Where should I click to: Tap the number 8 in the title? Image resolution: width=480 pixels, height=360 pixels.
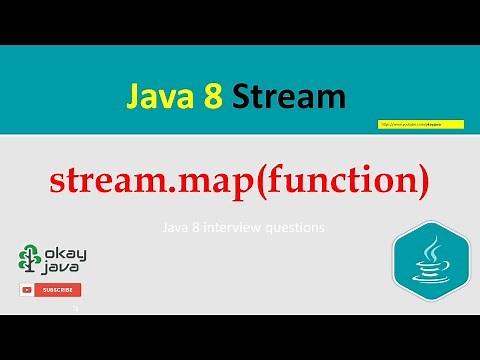tap(212, 97)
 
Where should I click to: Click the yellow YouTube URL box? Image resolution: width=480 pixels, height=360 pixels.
tap(408, 124)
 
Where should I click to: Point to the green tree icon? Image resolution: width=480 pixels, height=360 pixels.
tap(30, 259)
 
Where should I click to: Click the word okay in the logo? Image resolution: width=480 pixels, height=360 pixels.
tap(62, 253)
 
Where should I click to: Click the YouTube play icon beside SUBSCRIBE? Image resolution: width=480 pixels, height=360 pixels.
tap(27, 290)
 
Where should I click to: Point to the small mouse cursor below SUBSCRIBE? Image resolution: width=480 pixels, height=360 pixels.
tap(74, 309)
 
